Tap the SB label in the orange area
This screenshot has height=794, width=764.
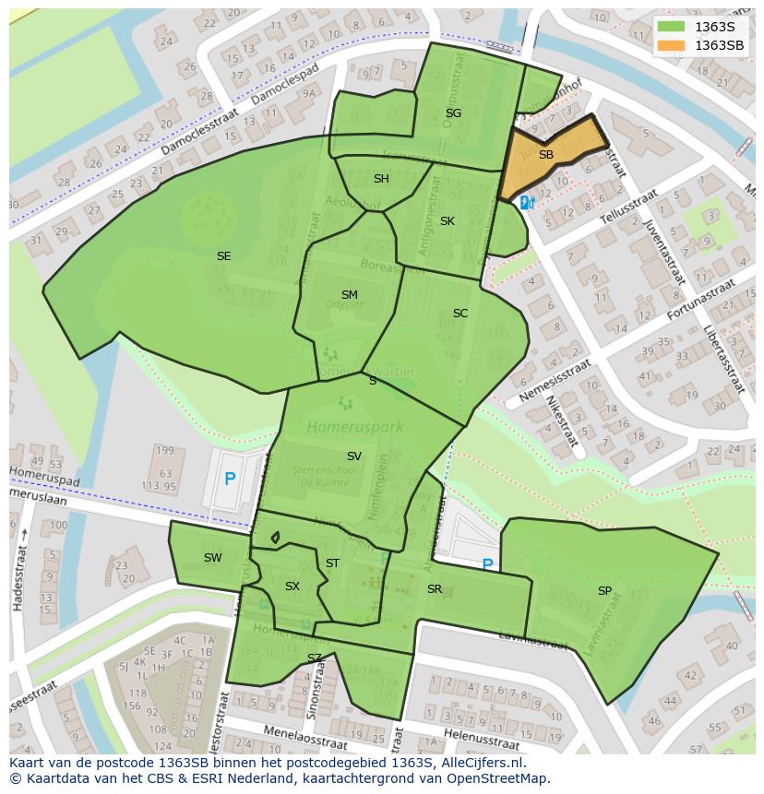[546, 155]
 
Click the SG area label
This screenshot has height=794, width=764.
[453, 113]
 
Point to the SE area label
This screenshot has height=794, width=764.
[223, 256]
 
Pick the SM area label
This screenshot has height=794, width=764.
[349, 295]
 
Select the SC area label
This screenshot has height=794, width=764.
[460, 314]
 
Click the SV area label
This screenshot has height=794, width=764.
[354, 456]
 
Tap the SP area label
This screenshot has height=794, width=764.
[604, 591]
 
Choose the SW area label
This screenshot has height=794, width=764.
[213, 558]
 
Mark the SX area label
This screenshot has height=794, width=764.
[292, 587]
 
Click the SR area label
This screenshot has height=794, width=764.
[435, 589]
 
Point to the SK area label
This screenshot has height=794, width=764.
[448, 221]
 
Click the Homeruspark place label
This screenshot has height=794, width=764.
[342, 427]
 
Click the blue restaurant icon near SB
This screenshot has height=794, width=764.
[526, 202]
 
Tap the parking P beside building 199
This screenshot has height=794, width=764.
[230, 480]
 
